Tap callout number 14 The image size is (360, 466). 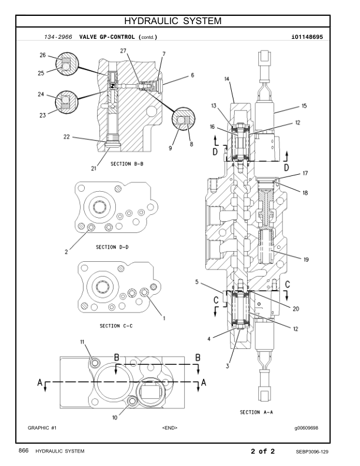(x=227, y=78)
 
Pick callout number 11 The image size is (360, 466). (x=82, y=342)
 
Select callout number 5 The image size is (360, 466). (x=196, y=282)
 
